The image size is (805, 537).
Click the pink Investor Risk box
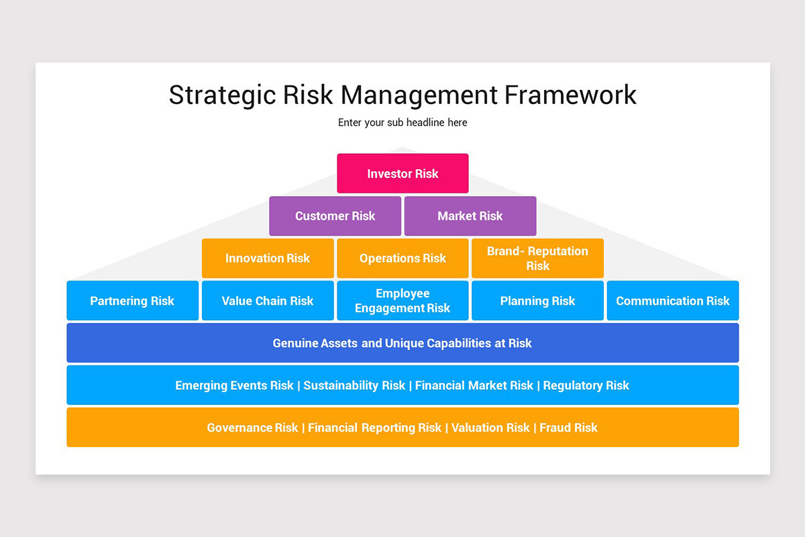pyautogui.click(x=402, y=173)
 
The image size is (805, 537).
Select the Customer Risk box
pyautogui.click(x=335, y=216)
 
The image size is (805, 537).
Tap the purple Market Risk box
pyautogui.click(x=470, y=216)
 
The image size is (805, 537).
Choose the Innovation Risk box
pyautogui.click(x=268, y=258)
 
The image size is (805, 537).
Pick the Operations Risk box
pyautogui.click(x=402, y=258)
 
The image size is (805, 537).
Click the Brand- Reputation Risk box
pyautogui.click(x=537, y=258)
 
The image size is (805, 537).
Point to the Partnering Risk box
pyautogui.click(x=132, y=301)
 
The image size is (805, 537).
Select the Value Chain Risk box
pyautogui.click(x=268, y=301)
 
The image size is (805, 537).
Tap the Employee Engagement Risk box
pyautogui.click(x=402, y=301)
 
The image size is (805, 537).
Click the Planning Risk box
pyautogui.click(x=537, y=301)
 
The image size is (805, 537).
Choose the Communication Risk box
pyautogui.click(x=672, y=301)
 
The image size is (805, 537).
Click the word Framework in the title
pyautogui.click(x=570, y=95)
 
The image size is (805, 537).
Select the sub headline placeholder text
pyautogui.click(x=402, y=123)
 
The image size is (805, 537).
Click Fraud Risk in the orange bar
pyautogui.click(x=568, y=428)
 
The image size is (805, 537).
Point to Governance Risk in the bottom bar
pyautogui.click(x=252, y=428)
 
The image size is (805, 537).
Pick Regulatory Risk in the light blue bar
pyautogui.click(x=586, y=385)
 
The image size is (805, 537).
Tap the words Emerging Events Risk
pyautogui.click(x=234, y=385)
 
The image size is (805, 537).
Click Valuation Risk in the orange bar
pyautogui.click(x=490, y=428)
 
